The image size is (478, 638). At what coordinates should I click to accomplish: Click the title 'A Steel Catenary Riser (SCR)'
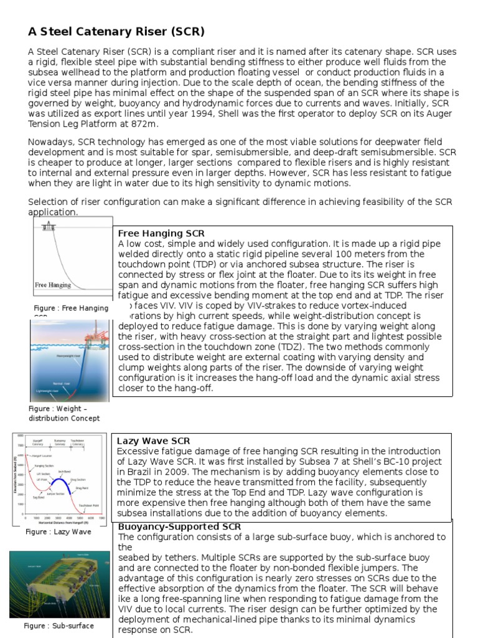pos(116,31)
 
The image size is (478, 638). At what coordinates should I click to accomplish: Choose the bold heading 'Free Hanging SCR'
pos(161,233)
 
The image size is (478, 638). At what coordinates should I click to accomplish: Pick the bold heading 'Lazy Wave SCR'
pos(154,440)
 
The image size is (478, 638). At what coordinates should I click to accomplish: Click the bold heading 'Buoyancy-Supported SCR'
pos(179,526)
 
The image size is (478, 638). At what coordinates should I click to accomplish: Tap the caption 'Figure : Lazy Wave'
pos(59,532)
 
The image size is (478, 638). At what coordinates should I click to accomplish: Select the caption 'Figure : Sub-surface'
pos(59,626)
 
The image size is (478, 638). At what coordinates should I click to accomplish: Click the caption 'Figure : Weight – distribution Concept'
pos(64,413)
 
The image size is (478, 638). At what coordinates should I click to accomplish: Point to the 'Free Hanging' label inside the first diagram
pos(53,285)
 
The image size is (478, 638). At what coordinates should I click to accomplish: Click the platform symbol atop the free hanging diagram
pos(47,226)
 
